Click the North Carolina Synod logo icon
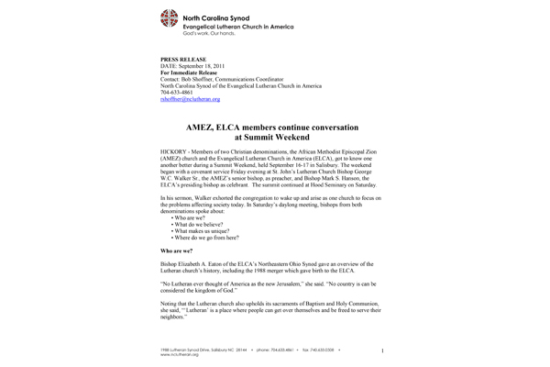coord(170,18)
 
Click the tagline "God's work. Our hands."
coord(214,35)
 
